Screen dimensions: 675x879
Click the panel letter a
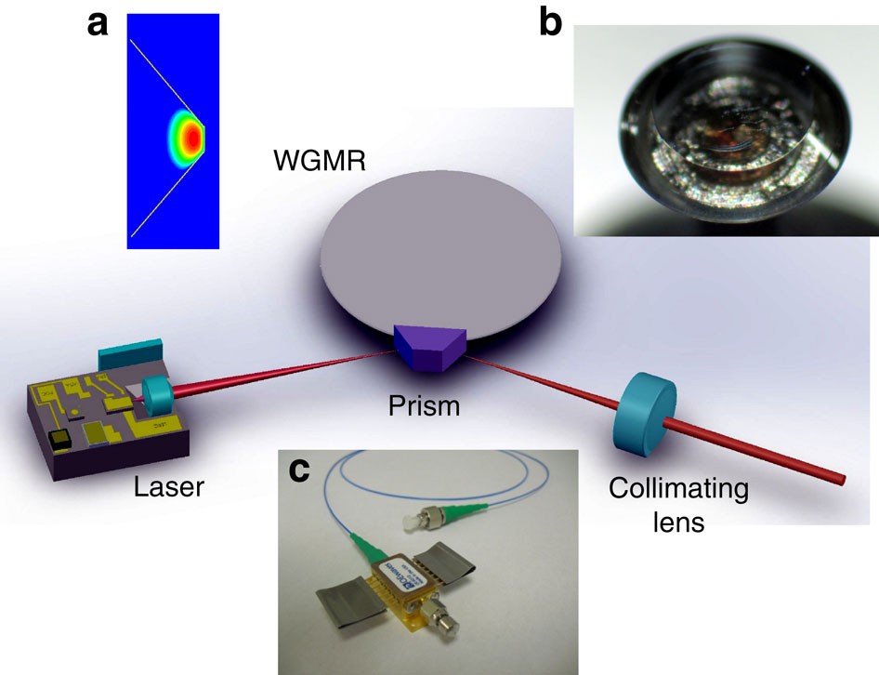(97, 23)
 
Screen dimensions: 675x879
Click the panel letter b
(551, 23)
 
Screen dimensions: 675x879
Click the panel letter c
(299, 471)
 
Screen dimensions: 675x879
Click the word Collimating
(664, 488)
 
